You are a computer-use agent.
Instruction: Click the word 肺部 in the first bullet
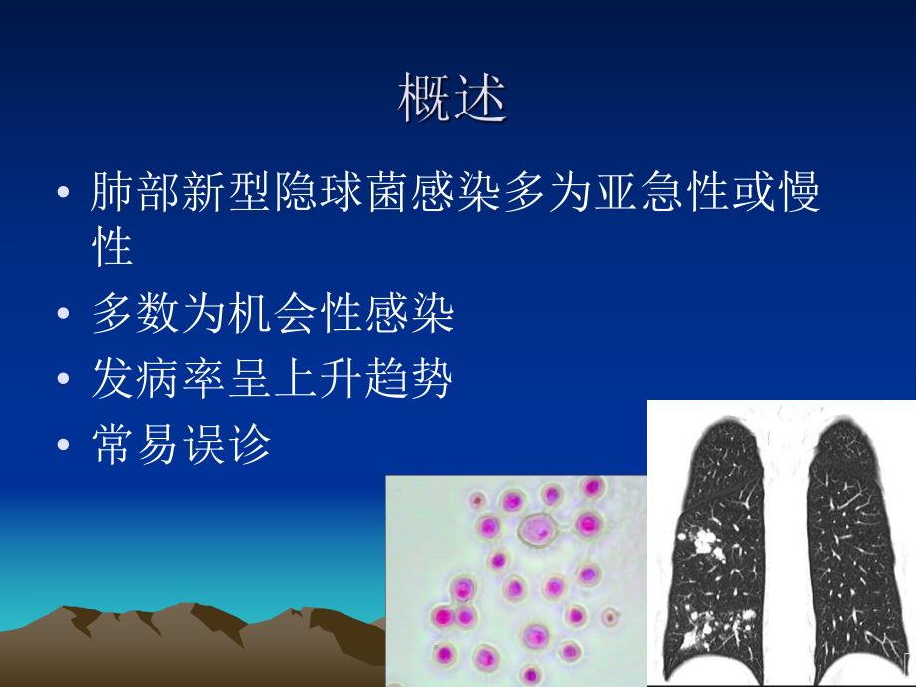(x=137, y=192)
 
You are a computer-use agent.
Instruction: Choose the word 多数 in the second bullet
(x=137, y=315)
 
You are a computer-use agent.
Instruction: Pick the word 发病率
(x=160, y=379)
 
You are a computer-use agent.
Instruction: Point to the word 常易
(x=137, y=445)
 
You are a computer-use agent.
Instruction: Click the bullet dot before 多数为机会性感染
(x=65, y=317)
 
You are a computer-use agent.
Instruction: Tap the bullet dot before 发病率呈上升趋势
(x=65, y=381)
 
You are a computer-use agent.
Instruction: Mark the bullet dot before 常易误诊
(x=65, y=447)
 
